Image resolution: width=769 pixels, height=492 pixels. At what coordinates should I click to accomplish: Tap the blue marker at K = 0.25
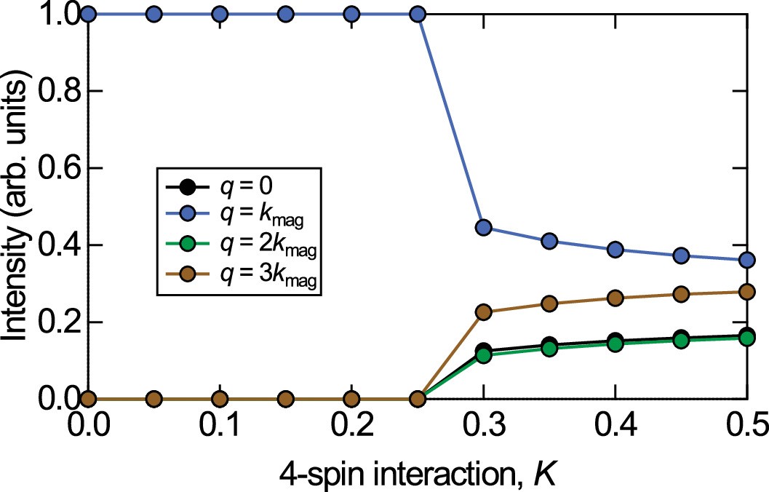(x=418, y=14)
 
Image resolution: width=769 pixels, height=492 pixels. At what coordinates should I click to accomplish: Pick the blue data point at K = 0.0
(x=88, y=14)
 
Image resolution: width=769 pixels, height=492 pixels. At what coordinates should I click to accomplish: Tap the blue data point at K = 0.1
(x=220, y=14)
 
